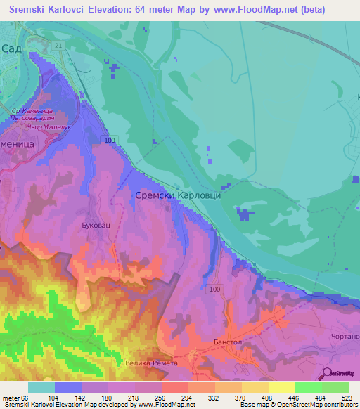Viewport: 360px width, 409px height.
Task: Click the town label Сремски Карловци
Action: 178,195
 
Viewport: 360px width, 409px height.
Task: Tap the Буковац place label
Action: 96,226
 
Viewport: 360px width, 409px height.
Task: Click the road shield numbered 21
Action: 58,46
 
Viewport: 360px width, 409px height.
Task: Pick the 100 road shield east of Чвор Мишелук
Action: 109,141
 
